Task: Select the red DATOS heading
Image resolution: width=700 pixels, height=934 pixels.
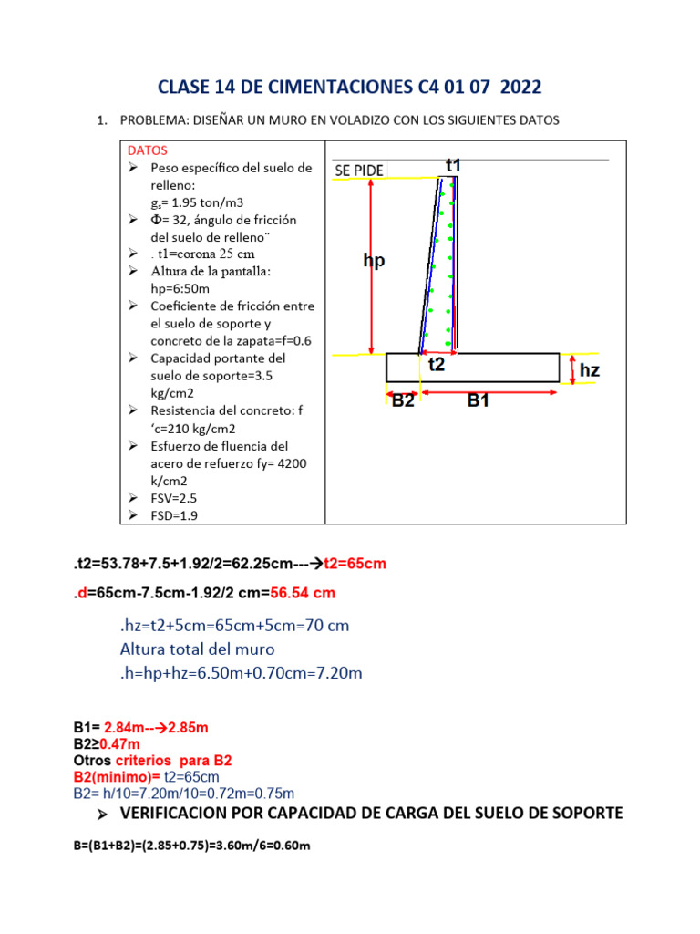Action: pos(147,150)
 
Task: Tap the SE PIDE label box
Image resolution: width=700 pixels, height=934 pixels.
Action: pos(359,171)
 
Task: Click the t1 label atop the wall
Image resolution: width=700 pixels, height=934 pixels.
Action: pos(453,165)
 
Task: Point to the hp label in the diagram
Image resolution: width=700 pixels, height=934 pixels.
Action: pos(374,261)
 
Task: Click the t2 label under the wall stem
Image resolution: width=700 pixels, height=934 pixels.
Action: pos(437,365)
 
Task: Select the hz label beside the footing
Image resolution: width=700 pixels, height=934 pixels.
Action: pos(591,370)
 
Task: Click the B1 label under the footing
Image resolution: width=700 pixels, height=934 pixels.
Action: pos(479,400)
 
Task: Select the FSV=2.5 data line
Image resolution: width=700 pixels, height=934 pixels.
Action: pos(173,498)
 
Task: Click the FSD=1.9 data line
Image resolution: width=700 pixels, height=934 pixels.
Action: pos(173,515)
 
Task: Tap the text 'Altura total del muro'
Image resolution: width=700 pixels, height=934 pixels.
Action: pos(197,649)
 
